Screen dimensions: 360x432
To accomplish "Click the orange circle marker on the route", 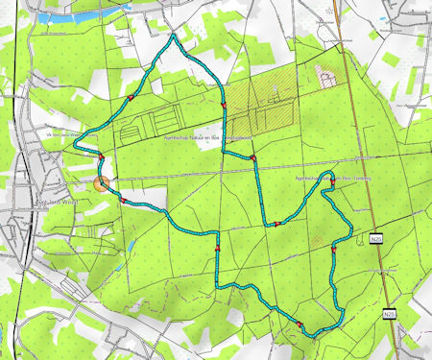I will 103,182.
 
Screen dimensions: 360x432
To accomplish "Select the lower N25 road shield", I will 390,313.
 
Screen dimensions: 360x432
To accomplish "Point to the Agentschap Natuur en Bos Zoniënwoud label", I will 198,139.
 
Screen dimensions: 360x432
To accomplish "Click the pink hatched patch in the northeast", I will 327,76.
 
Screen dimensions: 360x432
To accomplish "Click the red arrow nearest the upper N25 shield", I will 333,251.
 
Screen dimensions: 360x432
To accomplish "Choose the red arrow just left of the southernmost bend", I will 300,324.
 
